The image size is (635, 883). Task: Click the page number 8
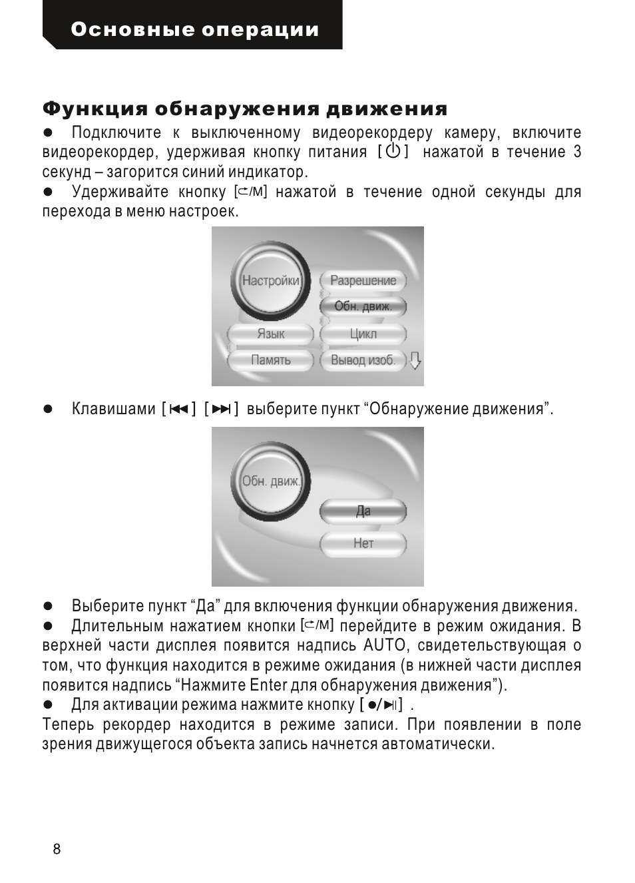point(57,849)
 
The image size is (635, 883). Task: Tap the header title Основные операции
point(194,30)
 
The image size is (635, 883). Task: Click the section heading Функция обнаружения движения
point(245,109)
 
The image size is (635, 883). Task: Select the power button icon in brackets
point(393,152)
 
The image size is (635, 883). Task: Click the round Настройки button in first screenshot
point(270,280)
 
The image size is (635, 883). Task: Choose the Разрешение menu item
point(363,280)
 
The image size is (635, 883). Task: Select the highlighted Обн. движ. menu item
point(363,306)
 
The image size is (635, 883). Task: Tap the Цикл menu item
point(363,334)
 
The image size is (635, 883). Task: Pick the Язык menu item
point(270,334)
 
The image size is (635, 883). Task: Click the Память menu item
point(270,360)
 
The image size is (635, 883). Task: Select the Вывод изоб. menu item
point(363,360)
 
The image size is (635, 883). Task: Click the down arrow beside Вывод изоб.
point(415,360)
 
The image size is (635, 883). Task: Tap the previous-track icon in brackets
point(179,409)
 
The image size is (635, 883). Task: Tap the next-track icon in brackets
point(222,409)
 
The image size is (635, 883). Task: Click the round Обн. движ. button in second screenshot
point(270,481)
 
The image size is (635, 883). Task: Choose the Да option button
point(363,511)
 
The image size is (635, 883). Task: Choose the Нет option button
point(363,543)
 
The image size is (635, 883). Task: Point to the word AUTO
point(384,645)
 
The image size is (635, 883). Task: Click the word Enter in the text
point(268,685)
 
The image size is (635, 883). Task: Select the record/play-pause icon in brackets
point(382,705)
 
